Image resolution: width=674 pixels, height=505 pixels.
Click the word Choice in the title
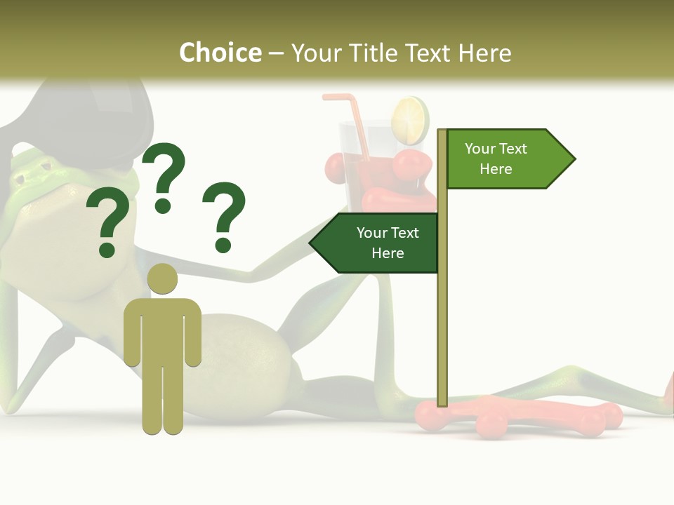220,53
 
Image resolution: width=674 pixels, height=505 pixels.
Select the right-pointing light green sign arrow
509,159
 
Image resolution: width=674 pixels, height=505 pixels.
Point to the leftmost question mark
107,222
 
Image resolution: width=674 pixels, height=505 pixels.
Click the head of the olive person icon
162,279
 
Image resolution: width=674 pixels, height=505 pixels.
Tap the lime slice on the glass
410,120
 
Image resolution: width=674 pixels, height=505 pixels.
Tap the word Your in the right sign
480,149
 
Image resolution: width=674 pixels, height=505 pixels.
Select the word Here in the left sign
388,252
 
